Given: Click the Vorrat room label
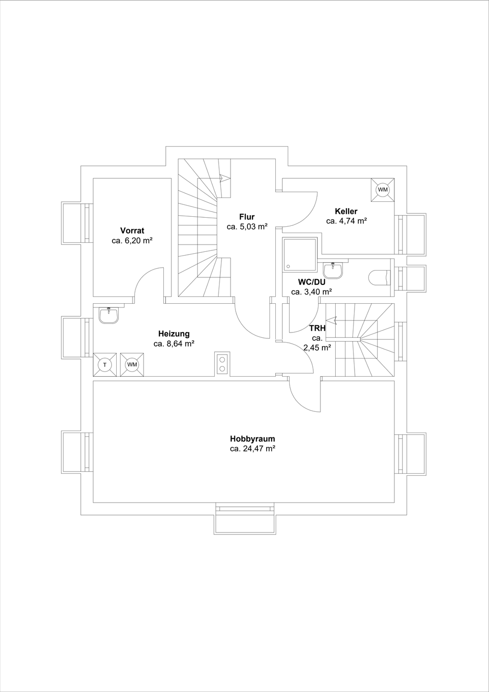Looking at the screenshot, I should pyautogui.click(x=132, y=231).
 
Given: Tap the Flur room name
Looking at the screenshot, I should pyautogui.click(x=247, y=217).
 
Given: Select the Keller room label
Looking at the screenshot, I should pyautogui.click(x=346, y=211).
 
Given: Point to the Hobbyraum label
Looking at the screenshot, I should pyautogui.click(x=252, y=439).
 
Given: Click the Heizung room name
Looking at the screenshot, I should pyautogui.click(x=174, y=334).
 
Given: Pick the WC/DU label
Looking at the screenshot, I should pyautogui.click(x=312, y=282).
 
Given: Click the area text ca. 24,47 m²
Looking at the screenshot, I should pyautogui.click(x=252, y=449).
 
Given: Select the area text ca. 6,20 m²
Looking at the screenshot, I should pyautogui.click(x=132, y=241).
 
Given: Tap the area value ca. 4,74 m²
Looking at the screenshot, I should pyautogui.click(x=346, y=221).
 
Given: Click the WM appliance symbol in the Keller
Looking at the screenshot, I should pyautogui.click(x=382, y=190).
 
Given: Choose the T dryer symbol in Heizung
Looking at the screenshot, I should pyautogui.click(x=105, y=365).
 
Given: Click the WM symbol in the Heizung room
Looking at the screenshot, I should pyautogui.click(x=132, y=365).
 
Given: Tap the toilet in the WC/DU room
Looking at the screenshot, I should pyautogui.click(x=380, y=278).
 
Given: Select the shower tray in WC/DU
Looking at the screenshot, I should pyautogui.click(x=300, y=254).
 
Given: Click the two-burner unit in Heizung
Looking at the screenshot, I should pyautogui.click(x=222, y=364).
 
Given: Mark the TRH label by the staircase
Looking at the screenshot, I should pyautogui.click(x=318, y=329).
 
